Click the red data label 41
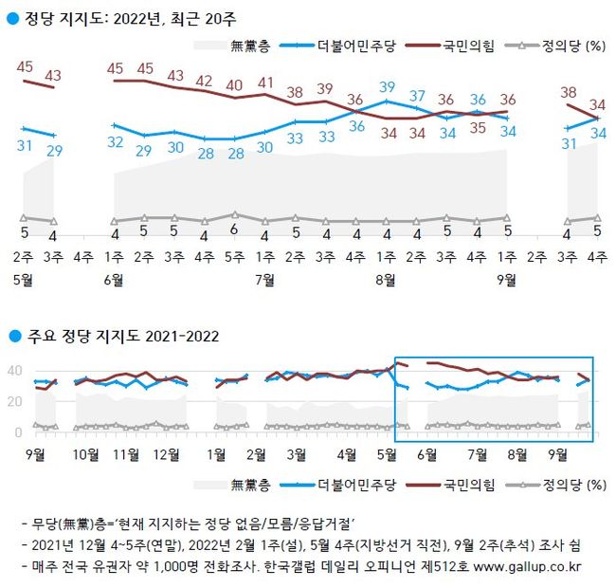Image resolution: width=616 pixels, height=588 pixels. [x=265, y=83]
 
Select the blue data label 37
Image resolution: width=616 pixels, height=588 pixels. [x=417, y=96]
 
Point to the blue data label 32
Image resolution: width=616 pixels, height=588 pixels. [x=116, y=141]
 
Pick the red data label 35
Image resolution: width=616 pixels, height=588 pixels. [x=478, y=129]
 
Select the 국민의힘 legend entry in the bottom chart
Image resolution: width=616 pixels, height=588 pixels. [x=469, y=486]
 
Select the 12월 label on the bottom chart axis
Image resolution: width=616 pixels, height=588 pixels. [x=168, y=454]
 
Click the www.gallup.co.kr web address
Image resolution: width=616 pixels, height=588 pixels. [x=532, y=567]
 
